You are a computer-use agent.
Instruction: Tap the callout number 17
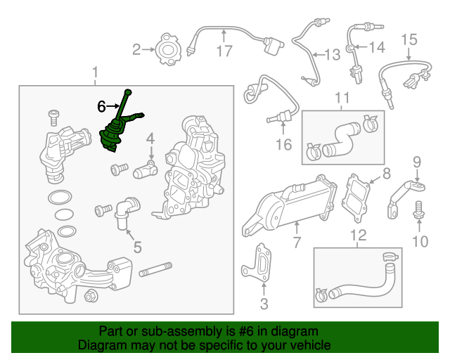coord(224,51)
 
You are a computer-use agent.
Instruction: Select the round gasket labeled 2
coord(168,49)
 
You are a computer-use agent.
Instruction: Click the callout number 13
coord(333,54)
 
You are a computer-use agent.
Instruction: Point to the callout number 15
coord(409,39)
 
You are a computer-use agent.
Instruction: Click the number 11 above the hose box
coord(342,98)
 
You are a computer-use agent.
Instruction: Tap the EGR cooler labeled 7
coord(288,204)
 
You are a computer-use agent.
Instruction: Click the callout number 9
coord(417,162)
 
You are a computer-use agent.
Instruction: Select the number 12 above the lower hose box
coord(359,235)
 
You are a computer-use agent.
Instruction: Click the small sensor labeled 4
coord(146,171)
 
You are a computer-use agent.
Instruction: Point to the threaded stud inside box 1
coord(155,269)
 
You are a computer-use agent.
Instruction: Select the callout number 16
coord(283,144)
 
